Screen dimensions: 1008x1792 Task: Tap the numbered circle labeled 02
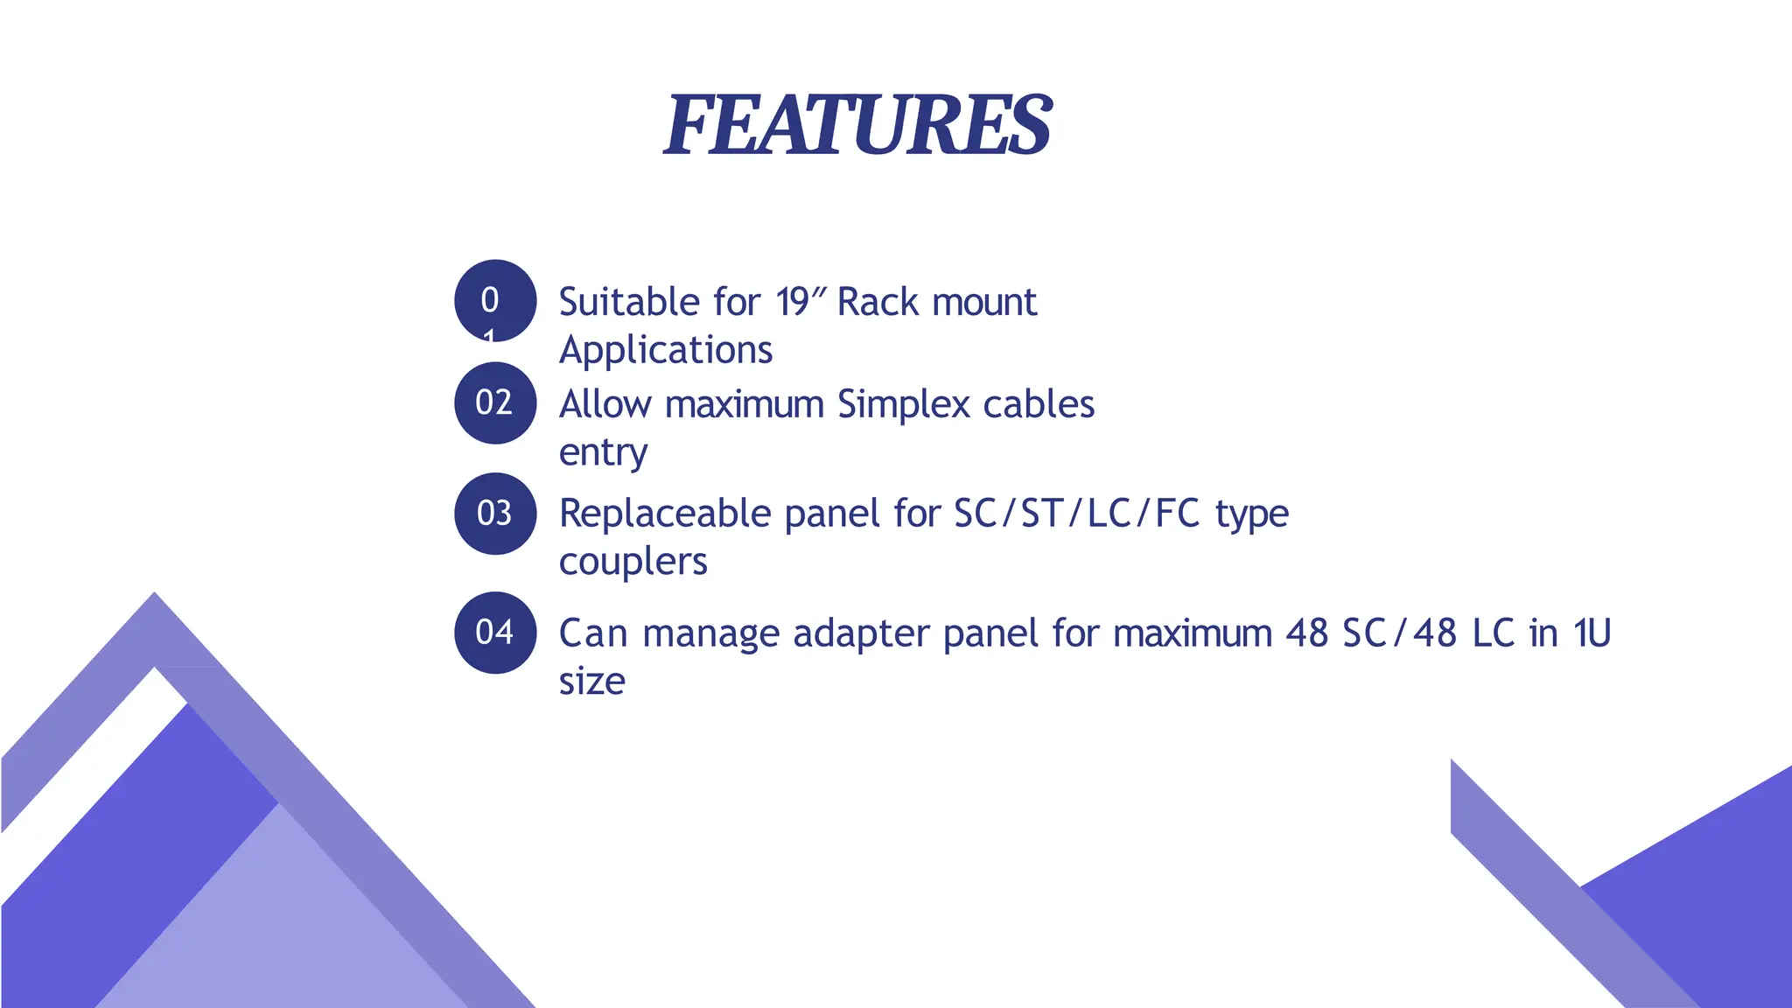tap(494, 402)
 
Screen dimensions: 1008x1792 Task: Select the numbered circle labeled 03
tap(494, 514)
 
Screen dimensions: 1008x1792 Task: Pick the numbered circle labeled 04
tap(494, 633)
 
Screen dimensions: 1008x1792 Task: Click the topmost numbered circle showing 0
tap(494, 300)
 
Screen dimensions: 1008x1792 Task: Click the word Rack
tap(878, 302)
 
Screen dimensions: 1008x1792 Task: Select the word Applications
tap(666, 350)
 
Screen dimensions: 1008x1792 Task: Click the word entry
tap(603, 453)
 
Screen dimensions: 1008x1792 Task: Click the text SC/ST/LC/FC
tap(1076, 514)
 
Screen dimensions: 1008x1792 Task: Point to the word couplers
tap(633, 562)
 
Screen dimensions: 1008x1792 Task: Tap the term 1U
tap(1592, 633)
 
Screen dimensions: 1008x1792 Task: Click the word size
tap(591, 682)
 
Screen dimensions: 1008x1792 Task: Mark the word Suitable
tap(629, 302)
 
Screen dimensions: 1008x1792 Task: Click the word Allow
tap(605, 405)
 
